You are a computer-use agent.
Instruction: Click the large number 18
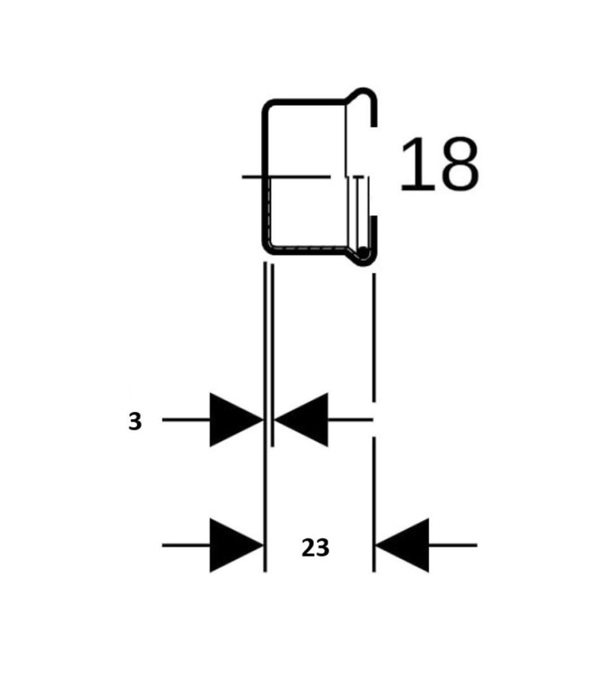[440, 164]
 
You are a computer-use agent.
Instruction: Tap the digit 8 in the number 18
[458, 164]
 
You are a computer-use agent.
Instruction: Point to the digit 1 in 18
[416, 164]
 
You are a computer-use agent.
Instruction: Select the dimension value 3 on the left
[135, 421]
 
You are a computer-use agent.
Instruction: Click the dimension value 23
[315, 548]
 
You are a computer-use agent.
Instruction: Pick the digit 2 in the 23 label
[309, 548]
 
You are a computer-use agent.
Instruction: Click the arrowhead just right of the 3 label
[236, 419]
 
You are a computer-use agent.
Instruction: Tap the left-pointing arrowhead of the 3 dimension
[301, 419]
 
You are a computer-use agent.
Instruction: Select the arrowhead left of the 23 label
[236, 546]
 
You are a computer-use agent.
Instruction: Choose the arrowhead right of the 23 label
[402, 546]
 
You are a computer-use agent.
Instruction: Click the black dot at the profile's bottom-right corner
[364, 252]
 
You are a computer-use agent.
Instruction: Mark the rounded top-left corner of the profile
[268, 106]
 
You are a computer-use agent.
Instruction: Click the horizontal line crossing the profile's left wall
[285, 176]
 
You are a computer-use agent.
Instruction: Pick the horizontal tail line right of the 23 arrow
[453, 546]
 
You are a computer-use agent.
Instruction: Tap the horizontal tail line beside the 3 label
[186, 419]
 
